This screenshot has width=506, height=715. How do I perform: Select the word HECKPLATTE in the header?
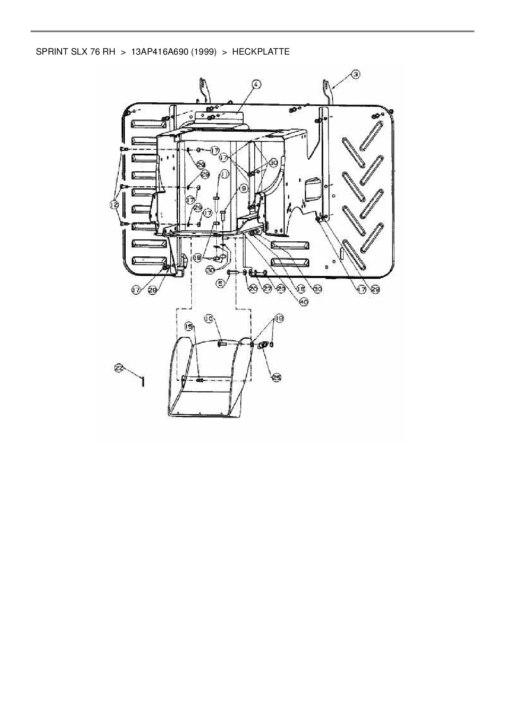pyautogui.click(x=261, y=52)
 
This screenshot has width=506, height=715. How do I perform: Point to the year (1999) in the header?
pyautogui.click(x=203, y=52)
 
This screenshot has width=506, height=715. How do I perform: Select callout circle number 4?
pyautogui.click(x=256, y=85)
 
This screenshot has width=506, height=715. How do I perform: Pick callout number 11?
pyautogui.click(x=224, y=174)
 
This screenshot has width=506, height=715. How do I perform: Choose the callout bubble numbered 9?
pyautogui.click(x=243, y=188)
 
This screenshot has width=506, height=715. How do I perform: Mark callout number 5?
pyautogui.click(x=220, y=283)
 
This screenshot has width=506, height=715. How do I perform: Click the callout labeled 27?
pyautogui.click(x=267, y=289)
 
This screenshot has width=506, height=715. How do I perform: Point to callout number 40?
pyautogui.click(x=304, y=302)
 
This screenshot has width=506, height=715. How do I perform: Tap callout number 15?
pyautogui.click(x=189, y=326)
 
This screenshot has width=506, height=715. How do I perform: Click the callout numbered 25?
pyautogui.click(x=277, y=378)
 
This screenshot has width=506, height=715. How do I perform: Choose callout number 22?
pyautogui.click(x=118, y=368)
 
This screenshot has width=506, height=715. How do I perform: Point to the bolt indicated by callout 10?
pyautogui.click(x=222, y=344)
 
